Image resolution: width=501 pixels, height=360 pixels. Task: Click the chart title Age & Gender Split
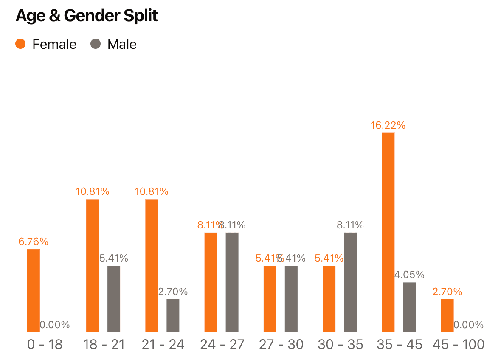[87, 16]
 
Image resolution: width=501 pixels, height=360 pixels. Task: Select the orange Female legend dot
[20, 44]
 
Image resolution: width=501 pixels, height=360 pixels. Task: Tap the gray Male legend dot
[96, 44]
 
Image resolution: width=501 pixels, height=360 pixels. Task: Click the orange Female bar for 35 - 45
[388, 232]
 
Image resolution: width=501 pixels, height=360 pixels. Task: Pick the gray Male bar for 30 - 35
[350, 282]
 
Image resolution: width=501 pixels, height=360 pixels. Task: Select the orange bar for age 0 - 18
[34, 291]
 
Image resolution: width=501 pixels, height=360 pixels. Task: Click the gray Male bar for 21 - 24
[173, 315]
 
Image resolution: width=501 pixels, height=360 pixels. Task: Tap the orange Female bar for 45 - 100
[447, 315]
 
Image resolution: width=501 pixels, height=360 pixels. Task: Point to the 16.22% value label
[388, 125]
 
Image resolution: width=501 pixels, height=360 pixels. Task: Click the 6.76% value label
[33, 242]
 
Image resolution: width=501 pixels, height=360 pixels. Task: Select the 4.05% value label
[409, 275]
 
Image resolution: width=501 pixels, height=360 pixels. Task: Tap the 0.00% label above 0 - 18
[55, 325]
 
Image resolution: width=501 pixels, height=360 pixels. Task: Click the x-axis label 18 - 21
[104, 344]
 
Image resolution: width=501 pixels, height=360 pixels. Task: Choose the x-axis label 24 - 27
[222, 344]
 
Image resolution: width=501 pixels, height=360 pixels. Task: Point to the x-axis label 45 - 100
[459, 344]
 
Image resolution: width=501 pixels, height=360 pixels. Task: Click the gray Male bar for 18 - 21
[114, 299]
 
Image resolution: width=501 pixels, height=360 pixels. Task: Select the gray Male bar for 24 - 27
[232, 282]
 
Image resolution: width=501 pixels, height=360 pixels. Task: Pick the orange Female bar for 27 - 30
[270, 299]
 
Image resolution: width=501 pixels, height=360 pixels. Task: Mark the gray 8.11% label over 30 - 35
[350, 225]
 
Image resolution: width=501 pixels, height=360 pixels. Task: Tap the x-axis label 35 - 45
[400, 344]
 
